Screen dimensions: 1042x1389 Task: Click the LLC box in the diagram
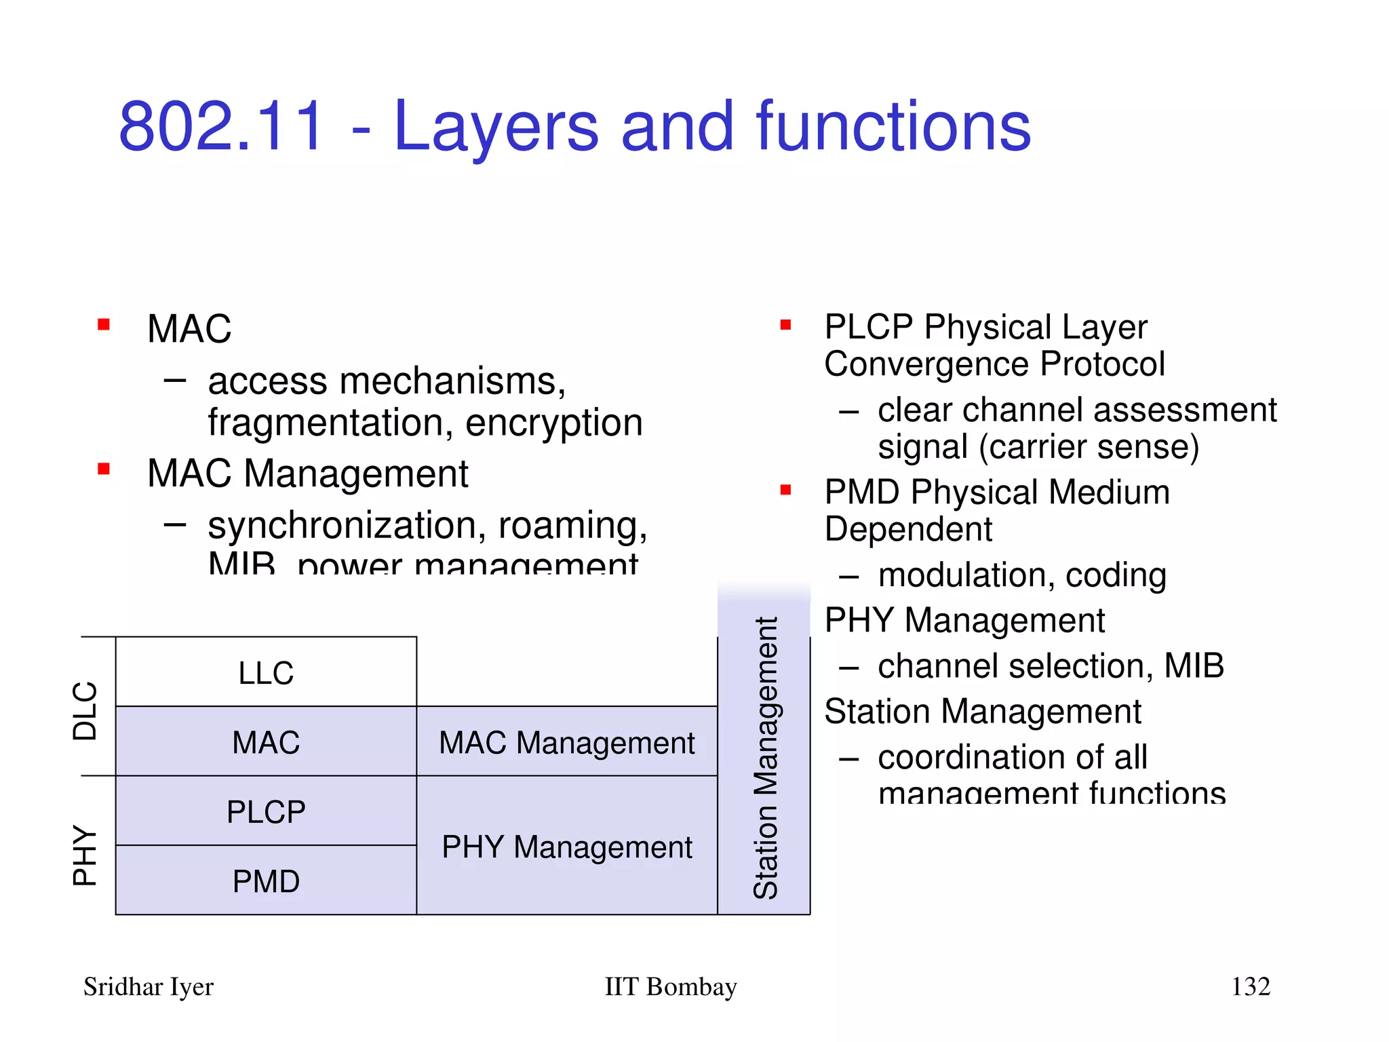(x=266, y=672)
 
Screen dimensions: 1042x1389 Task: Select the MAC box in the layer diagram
(x=266, y=741)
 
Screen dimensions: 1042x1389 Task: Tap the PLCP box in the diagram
(x=266, y=811)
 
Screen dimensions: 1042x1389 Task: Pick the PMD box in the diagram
(x=266, y=881)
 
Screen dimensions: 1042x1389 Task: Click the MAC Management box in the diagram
(x=566, y=741)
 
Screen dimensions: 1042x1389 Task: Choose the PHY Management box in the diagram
(x=566, y=846)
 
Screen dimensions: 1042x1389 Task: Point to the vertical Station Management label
(x=765, y=758)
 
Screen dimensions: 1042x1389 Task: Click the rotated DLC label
(x=85, y=710)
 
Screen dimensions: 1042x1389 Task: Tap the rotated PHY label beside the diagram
(x=85, y=855)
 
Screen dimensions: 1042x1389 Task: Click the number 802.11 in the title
(x=221, y=126)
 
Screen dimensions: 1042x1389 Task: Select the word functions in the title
(x=893, y=126)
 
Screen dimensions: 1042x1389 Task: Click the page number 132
(x=1250, y=986)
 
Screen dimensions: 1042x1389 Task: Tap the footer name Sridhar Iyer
(x=148, y=986)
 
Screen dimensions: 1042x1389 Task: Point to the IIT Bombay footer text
(x=670, y=986)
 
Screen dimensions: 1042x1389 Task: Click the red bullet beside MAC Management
(x=104, y=469)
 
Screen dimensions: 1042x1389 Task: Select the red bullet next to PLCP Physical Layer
(x=785, y=325)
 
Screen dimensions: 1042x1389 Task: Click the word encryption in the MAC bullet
(x=553, y=423)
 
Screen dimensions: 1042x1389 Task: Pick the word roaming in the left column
(x=572, y=525)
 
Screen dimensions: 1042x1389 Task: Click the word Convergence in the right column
(x=926, y=364)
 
